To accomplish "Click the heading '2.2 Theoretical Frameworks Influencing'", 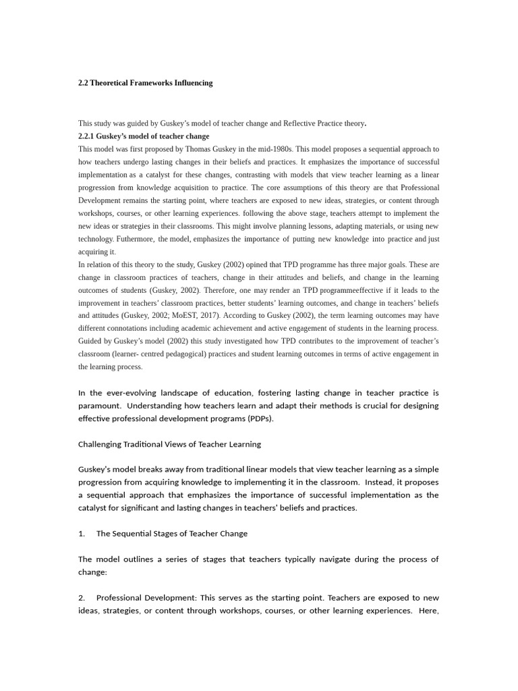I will point(145,83).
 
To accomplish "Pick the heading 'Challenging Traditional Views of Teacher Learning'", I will point(169,444).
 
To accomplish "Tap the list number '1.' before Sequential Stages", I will point(82,533).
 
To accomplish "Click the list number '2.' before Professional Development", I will point(82,598).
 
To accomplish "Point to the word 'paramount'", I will point(100,406).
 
